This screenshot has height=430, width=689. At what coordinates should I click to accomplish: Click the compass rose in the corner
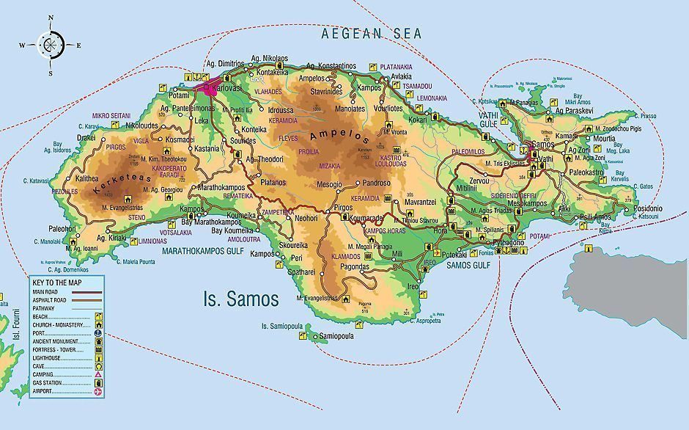point(50,45)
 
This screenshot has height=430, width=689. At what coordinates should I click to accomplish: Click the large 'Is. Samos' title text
point(240,299)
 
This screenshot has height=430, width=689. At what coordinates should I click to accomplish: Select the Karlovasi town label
point(226,89)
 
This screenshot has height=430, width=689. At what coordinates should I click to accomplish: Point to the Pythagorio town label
point(509,241)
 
